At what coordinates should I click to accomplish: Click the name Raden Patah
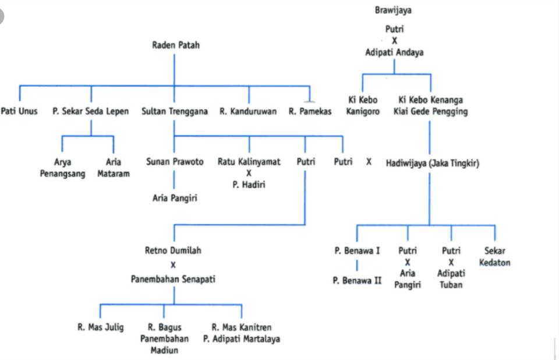tap(176, 45)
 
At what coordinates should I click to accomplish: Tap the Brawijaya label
tap(393, 10)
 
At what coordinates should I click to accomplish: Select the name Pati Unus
tap(19, 111)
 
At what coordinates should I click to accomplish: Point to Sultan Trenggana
tap(174, 111)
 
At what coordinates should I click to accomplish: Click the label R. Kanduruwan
tap(248, 111)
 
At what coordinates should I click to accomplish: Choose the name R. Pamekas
tap(310, 111)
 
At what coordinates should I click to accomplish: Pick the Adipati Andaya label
tap(394, 52)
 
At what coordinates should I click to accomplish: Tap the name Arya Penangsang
tap(62, 168)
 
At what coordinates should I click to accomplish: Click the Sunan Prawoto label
tap(175, 161)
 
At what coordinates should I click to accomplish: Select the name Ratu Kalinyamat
tap(249, 161)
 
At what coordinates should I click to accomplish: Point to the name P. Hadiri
tap(249, 185)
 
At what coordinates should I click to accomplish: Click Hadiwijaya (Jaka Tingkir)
tap(433, 163)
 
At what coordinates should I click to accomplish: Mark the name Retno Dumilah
tap(173, 250)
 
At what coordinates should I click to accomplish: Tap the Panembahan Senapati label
tap(173, 279)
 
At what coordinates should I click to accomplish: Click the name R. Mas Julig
tap(101, 327)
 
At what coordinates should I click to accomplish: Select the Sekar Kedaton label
tap(494, 256)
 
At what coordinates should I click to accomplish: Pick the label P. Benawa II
tap(357, 280)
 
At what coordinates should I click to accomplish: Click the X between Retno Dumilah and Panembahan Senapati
tap(173, 264)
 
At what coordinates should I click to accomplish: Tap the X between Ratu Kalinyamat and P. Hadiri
tap(249, 173)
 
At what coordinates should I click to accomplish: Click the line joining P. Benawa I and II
tap(357, 266)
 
